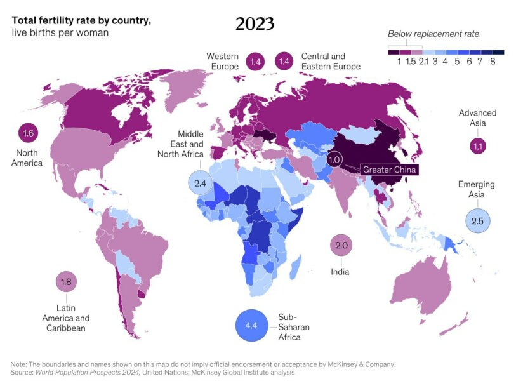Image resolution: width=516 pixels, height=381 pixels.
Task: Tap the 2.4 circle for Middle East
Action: (x=201, y=183)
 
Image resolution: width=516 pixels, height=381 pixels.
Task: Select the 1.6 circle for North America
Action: (x=28, y=133)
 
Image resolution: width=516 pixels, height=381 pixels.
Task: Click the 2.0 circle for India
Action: (x=341, y=245)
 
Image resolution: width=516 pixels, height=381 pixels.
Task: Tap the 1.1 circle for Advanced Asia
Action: (x=478, y=146)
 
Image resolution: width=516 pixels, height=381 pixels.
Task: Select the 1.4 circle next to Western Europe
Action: (x=256, y=62)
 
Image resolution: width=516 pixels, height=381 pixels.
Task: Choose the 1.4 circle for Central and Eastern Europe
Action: (x=283, y=62)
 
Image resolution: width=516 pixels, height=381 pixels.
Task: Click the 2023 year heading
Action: (x=255, y=23)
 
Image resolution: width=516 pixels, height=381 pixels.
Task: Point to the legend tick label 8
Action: (x=493, y=62)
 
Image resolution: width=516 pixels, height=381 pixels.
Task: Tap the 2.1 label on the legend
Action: (x=424, y=62)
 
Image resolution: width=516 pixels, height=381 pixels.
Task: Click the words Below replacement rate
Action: (x=433, y=34)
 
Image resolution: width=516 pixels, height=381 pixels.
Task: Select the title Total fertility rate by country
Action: (x=81, y=20)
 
